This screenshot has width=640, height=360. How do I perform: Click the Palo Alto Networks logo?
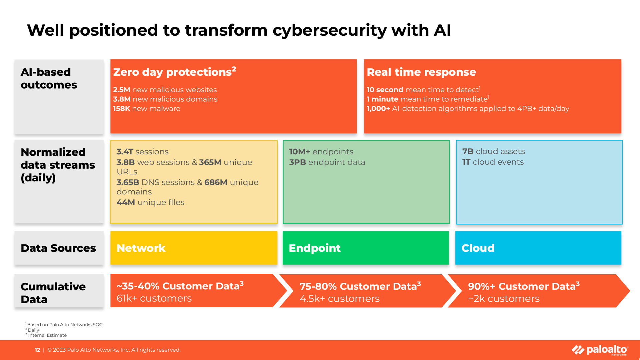pyautogui.click(x=600, y=350)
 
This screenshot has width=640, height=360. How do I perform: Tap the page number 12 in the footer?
pyautogui.click(x=37, y=350)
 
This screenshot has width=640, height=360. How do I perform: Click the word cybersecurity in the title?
pyautogui.click(x=329, y=30)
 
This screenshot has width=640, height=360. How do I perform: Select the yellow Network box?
pyautogui.click(x=194, y=248)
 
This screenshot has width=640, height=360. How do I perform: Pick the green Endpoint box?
pyautogui.click(x=366, y=248)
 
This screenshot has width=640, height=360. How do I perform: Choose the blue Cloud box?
pyautogui.click(x=538, y=248)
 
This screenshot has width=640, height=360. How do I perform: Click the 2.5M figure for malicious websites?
pyautogui.click(x=122, y=90)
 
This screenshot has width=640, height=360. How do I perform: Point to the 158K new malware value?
pyautogui.click(x=121, y=109)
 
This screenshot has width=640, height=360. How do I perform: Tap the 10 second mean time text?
pyautogui.click(x=385, y=90)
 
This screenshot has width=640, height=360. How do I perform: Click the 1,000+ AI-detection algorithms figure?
pyautogui.click(x=378, y=109)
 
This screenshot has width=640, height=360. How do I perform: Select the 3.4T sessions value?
pyautogui.click(x=125, y=152)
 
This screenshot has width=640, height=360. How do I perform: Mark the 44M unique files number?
pyautogui.click(x=126, y=202)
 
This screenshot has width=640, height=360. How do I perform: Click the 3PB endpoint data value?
pyautogui.click(x=297, y=162)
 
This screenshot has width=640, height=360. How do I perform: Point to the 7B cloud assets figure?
pyautogui.click(x=468, y=151)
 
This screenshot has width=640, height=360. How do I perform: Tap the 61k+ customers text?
pyautogui.click(x=154, y=298)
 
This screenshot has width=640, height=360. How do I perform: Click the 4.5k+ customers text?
pyautogui.click(x=339, y=299)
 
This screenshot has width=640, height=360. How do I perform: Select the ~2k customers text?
pyautogui.click(x=504, y=299)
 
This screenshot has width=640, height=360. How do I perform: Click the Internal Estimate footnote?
pyautogui.click(x=47, y=335)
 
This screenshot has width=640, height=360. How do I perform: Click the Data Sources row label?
pyautogui.click(x=58, y=248)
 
